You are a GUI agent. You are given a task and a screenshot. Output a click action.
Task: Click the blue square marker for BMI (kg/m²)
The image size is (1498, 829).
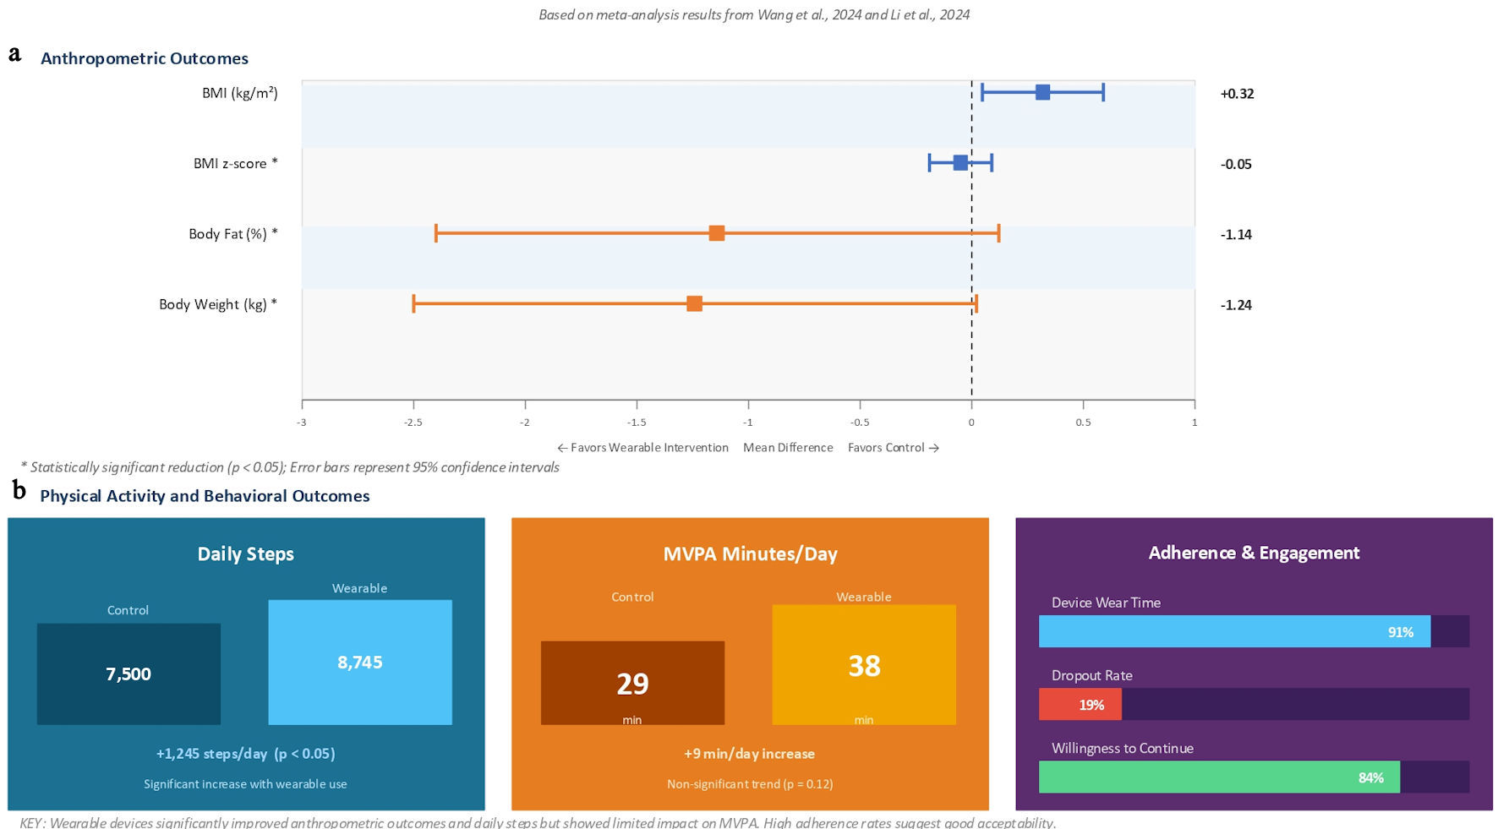click(x=1042, y=92)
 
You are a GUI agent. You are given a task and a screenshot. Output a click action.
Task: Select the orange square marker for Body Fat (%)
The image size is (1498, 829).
click(x=717, y=233)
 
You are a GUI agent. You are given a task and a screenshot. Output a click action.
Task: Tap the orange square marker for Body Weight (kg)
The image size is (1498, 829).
click(x=694, y=303)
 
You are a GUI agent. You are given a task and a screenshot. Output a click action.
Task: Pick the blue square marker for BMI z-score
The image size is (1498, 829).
click(x=960, y=162)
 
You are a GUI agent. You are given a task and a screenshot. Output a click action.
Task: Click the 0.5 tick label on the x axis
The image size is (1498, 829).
click(x=1083, y=422)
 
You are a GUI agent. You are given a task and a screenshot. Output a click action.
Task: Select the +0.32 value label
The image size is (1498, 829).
click(x=1237, y=94)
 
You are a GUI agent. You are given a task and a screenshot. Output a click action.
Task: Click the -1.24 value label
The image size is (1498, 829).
click(x=1236, y=305)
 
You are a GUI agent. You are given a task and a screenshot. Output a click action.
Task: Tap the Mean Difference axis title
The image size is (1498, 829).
click(x=788, y=447)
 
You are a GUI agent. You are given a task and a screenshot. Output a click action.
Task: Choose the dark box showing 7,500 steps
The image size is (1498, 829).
click(x=128, y=674)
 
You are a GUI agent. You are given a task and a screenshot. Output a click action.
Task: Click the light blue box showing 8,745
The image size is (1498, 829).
click(x=360, y=662)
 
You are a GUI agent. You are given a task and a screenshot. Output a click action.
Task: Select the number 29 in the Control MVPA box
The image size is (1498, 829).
click(x=632, y=683)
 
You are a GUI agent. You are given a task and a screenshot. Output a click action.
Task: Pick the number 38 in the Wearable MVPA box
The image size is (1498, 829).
click(x=864, y=666)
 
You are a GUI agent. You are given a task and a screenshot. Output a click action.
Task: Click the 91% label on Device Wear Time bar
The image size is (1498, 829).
click(x=1400, y=632)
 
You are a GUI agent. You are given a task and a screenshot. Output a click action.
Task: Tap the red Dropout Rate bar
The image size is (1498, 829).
click(x=1080, y=704)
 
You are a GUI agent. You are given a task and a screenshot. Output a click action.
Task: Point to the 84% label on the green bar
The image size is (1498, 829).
click(x=1370, y=777)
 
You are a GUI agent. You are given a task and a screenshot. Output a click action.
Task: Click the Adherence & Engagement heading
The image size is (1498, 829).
click(x=1254, y=553)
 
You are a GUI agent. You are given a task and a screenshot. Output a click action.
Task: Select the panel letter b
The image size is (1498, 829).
click(x=19, y=490)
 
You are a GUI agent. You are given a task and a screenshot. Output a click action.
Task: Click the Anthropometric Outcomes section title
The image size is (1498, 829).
click(x=145, y=58)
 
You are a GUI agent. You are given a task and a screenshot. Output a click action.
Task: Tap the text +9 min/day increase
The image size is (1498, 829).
click(x=749, y=754)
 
